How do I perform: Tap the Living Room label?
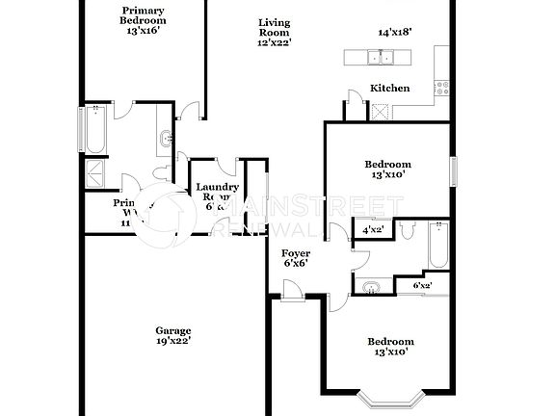coord(275,32)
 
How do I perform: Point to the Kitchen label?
coord(390,89)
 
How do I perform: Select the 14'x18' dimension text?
coord(394,32)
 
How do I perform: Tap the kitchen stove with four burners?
coord(441,88)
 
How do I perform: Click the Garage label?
coord(173,329)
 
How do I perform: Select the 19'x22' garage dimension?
coord(173,340)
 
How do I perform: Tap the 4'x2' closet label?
coord(372,231)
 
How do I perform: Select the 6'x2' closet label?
coord(422,286)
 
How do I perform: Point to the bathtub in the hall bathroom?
coord(438,247)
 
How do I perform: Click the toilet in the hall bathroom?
coord(409,231)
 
